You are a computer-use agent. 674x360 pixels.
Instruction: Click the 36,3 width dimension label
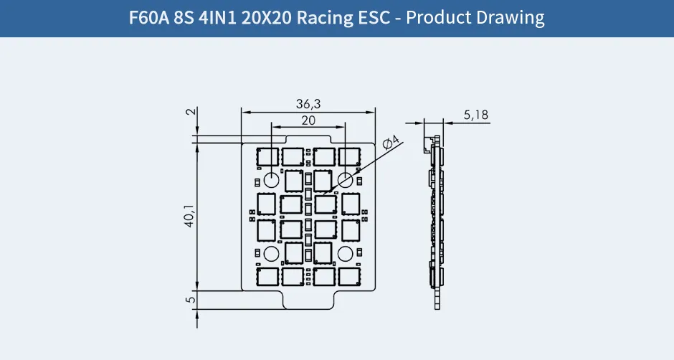[308, 104]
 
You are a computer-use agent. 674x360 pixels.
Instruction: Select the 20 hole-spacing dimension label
[308, 120]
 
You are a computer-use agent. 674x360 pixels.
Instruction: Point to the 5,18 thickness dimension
[476, 115]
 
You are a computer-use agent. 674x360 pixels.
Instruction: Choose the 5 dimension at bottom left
[189, 300]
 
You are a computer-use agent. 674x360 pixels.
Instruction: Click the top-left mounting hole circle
[272, 179]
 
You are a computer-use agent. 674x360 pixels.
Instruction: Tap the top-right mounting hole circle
[345, 179]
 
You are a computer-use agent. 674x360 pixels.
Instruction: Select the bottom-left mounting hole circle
[272, 252]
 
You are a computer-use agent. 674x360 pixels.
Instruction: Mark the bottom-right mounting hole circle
[345, 252]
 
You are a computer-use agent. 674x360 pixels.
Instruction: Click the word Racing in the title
[331, 17]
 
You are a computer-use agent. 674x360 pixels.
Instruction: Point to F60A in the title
[148, 17]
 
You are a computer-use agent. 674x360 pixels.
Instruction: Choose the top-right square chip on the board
[350, 156]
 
